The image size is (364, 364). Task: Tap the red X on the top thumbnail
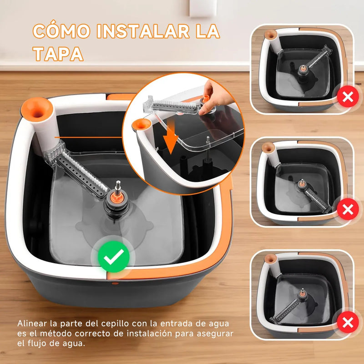pyautogui.click(x=348, y=96)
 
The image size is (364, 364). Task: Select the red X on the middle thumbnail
pyautogui.click(x=348, y=210)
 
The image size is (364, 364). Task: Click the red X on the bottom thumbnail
pyautogui.click(x=348, y=323)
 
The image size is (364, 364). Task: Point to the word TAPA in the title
pyautogui.click(x=58, y=54)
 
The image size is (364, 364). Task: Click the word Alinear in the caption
pyautogui.click(x=33, y=324)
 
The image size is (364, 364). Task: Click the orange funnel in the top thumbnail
pyautogui.click(x=270, y=34)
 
